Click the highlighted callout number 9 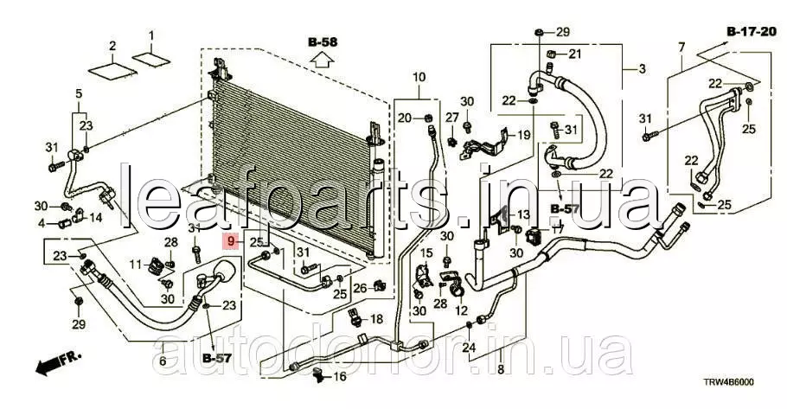point(231,242)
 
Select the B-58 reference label point(323,42)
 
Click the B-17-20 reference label point(751,32)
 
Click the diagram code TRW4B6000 point(728,382)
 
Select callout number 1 point(151,35)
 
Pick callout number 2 point(112,46)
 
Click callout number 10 point(419,77)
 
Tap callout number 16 point(340,375)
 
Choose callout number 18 point(376,319)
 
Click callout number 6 point(163,361)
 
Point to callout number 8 point(501,370)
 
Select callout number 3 point(643,69)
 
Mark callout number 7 point(681,48)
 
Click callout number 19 point(523,135)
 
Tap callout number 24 point(469,347)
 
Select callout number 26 point(360,288)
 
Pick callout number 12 point(461,310)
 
